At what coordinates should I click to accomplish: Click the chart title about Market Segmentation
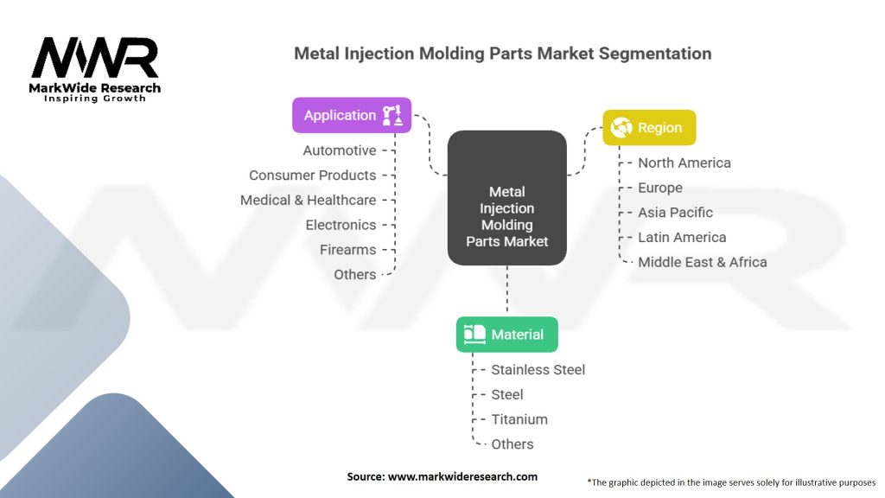tap(502, 54)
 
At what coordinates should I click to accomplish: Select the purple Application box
tap(351, 115)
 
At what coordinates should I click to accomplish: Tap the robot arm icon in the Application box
tap(392, 115)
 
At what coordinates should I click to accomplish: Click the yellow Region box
tap(649, 128)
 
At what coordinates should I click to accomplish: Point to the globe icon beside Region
tap(621, 128)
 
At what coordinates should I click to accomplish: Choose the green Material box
tap(506, 335)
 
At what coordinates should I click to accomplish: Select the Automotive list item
tap(340, 150)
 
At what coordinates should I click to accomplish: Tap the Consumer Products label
tap(313, 176)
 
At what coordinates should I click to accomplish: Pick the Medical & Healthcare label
tap(309, 201)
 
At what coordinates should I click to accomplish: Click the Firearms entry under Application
tap(347, 250)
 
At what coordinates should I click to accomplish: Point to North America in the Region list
tap(684, 163)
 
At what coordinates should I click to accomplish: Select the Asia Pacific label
tap(675, 213)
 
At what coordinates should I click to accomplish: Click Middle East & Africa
tap(702, 262)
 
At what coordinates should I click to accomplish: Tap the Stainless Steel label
tap(538, 370)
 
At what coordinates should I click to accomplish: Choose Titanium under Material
tap(519, 419)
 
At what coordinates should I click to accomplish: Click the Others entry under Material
tap(513, 444)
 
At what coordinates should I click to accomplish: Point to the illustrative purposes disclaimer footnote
tap(731, 482)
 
